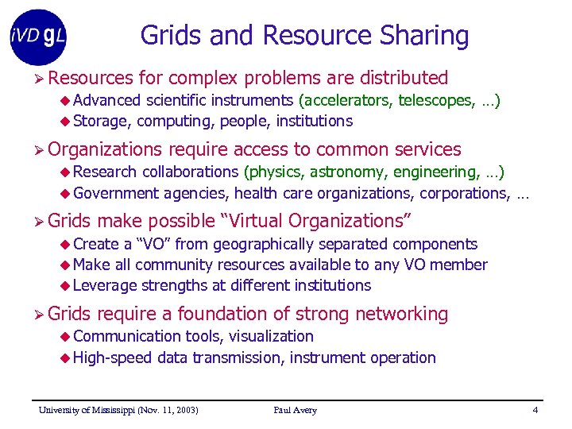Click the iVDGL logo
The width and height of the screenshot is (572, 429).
coord(38,37)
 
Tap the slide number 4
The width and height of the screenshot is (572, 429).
coord(535,410)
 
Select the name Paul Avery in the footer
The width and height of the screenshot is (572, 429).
coord(295,410)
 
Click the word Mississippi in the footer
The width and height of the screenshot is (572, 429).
coord(106,410)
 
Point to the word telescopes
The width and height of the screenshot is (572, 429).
coord(435,100)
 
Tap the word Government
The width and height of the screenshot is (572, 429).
coord(116,192)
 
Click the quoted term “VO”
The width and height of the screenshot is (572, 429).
coord(149,244)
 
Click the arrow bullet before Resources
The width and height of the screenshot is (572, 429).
coord(38,79)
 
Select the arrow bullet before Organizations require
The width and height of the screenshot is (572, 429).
coord(38,150)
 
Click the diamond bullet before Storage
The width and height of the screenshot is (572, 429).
coord(66,122)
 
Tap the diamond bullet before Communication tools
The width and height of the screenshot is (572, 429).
coord(66,337)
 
